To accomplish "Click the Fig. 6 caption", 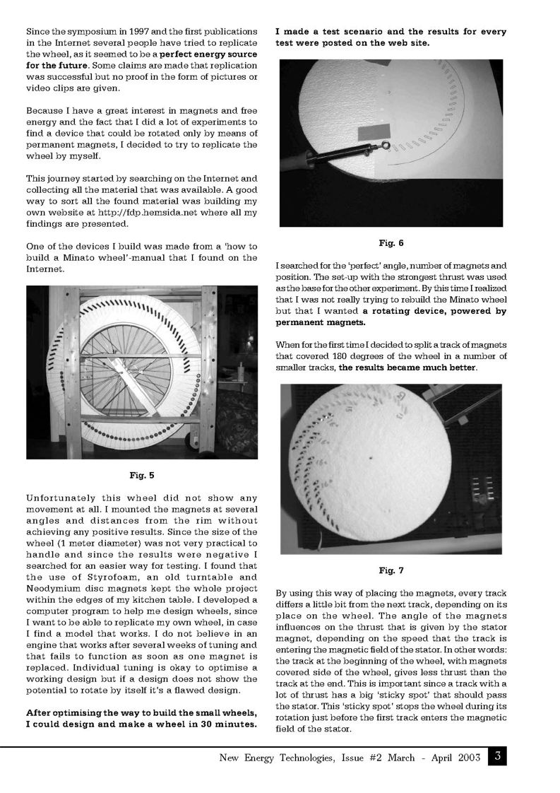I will click(x=391, y=244).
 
